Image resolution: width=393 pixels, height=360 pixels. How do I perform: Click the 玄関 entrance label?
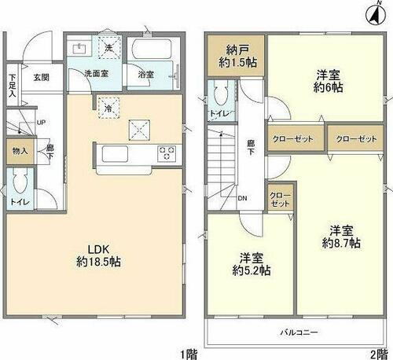42,77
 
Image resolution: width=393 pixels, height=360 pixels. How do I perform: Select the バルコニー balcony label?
298,332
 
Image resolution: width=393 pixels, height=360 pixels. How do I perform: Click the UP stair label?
42,123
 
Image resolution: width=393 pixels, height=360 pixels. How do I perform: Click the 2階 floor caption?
380,353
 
